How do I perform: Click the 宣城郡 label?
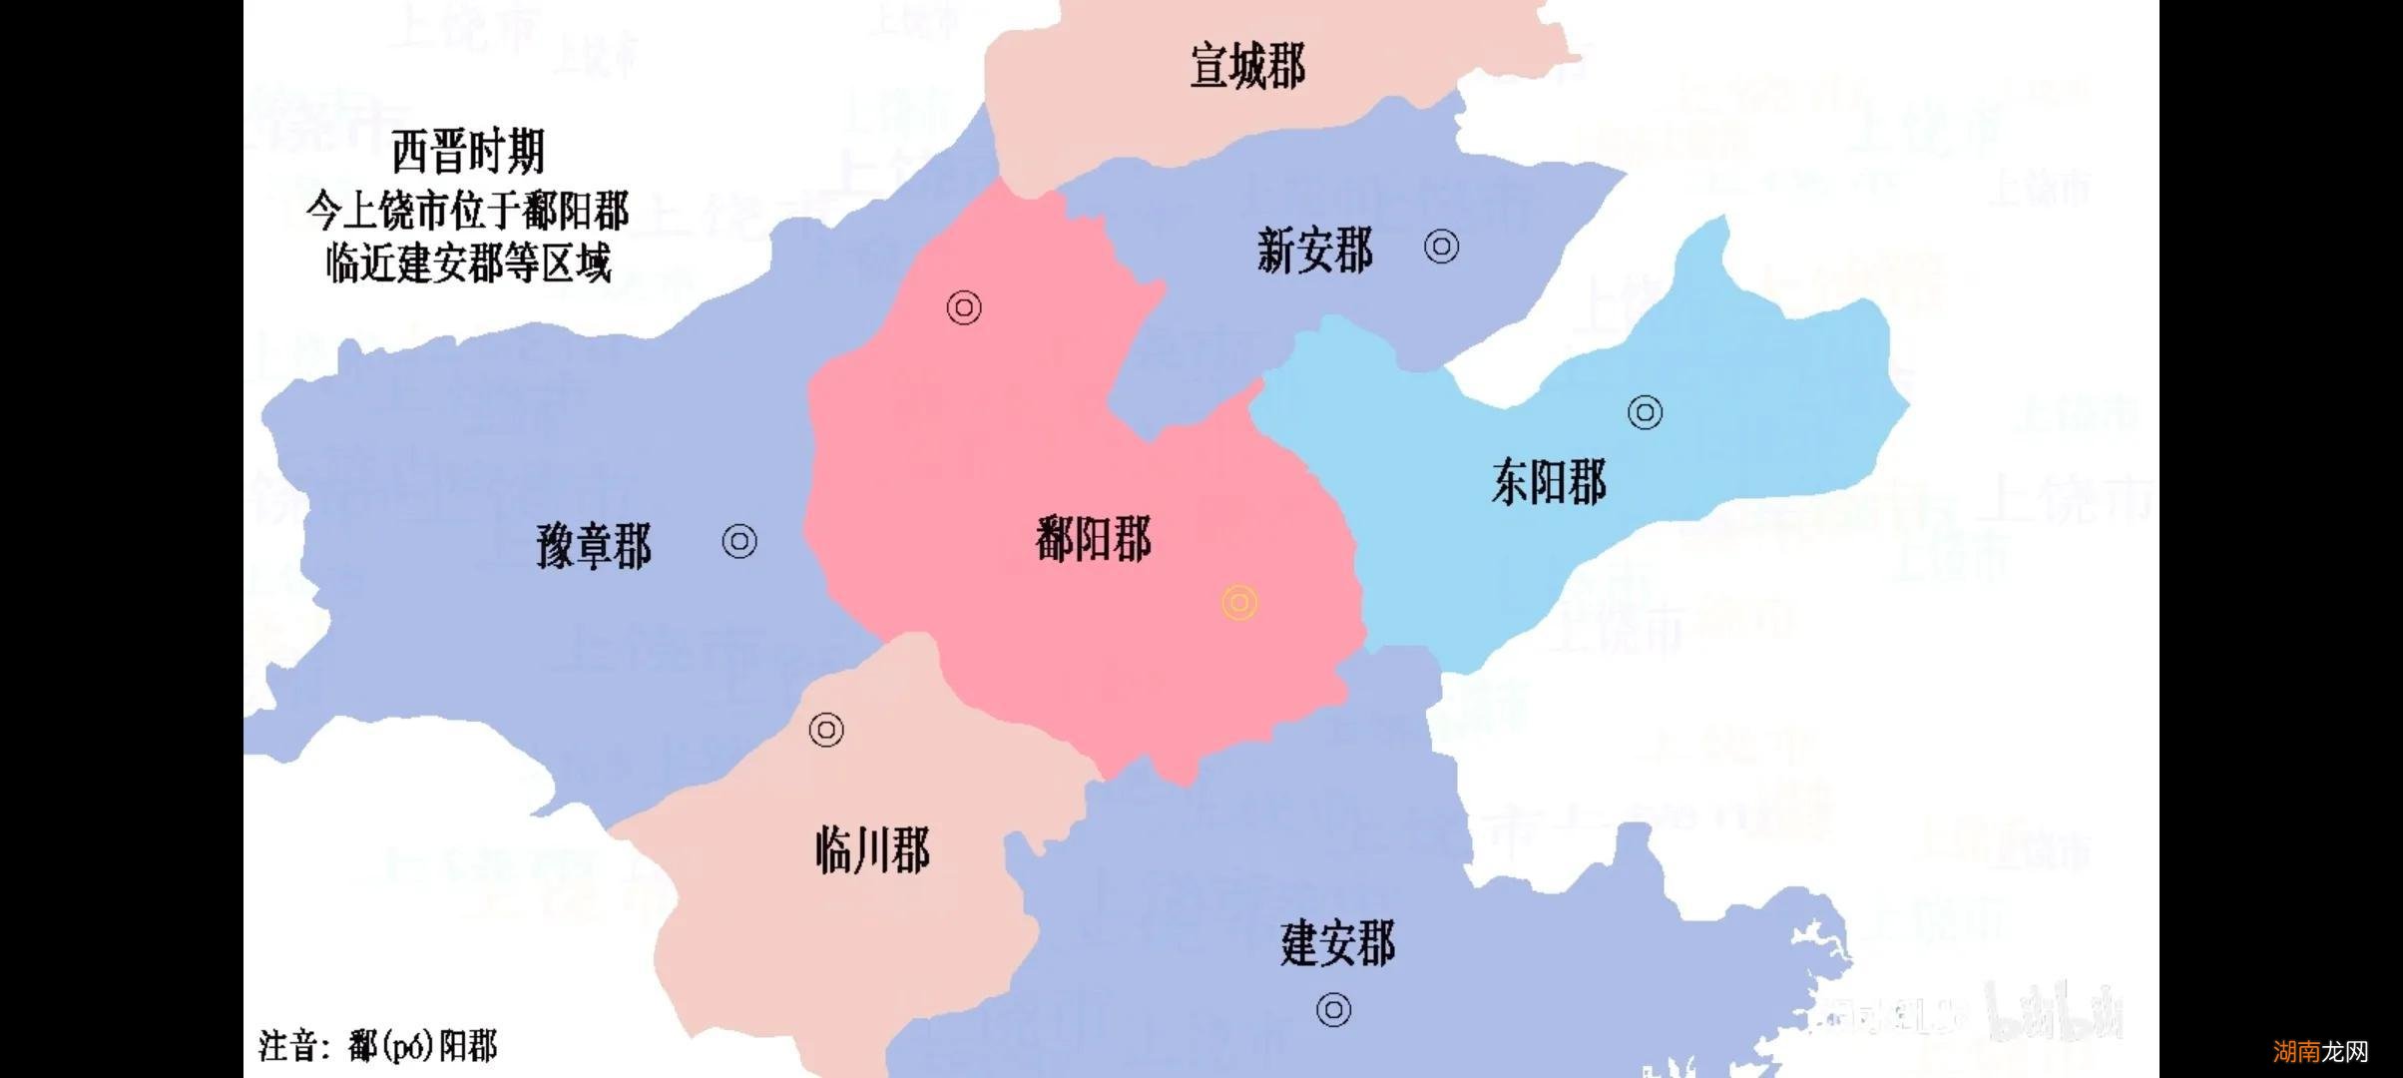1247,66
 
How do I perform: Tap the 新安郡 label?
1314,250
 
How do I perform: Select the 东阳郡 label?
1549,482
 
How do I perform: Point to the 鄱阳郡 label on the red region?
1094,540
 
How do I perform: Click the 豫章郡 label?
594,546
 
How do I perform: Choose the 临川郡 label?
872,851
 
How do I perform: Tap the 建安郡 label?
1337,943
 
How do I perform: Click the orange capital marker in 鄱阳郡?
1239,603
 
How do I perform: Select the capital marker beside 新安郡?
1441,246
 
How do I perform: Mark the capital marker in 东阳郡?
1645,412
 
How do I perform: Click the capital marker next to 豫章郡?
739,541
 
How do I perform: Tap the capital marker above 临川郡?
826,730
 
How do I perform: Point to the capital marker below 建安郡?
1334,1010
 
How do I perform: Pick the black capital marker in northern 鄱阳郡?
964,307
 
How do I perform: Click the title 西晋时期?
468,152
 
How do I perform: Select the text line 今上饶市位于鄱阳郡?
468,211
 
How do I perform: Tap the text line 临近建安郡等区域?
468,264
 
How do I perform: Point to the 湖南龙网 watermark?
2320,1051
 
